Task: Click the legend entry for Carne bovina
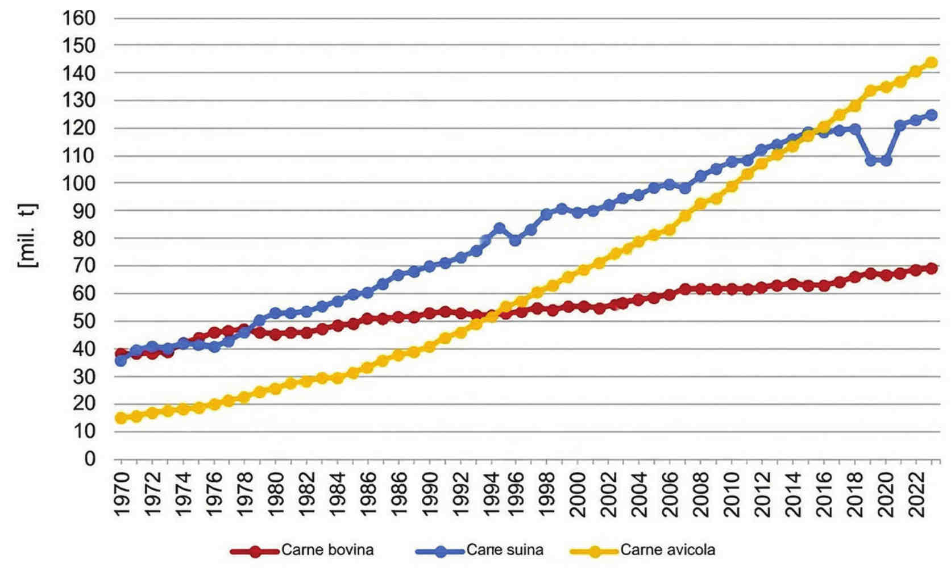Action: (327, 550)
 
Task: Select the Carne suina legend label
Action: (505, 550)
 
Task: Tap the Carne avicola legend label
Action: (667, 550)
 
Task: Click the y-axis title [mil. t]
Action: (28, 235)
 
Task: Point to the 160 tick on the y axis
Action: (78, 18)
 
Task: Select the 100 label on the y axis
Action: (78, 184)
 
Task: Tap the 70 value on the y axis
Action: (83, 266)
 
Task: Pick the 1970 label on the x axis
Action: (122, 493)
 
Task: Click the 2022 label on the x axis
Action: (916, 493)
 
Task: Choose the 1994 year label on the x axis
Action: (488, 493)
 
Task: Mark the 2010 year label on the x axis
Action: (733, 493)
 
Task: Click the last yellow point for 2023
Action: (932, 62)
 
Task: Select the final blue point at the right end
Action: (932, 115)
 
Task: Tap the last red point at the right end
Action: (932, 268)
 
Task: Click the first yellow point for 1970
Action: (121, 418)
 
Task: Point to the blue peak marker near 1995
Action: (500, 228)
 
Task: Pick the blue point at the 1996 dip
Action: (515, 240)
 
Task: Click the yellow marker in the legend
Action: (594, 551)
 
